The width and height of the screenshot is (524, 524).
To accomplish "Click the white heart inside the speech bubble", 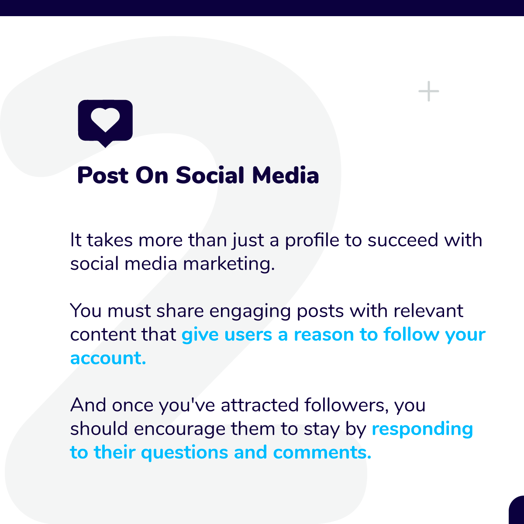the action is click(x=105, y=120).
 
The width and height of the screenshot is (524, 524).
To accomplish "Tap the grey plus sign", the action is click(x=428, y=91).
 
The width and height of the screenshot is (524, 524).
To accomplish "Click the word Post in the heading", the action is click(x=103, y=176).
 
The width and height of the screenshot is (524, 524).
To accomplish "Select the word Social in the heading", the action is click(x=210, y=176).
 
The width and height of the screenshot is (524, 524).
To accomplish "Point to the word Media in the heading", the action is click(x=286, y=176).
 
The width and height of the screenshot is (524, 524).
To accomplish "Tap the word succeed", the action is click(x=403, y=240).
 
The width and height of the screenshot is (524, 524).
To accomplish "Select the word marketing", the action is click(x=229, y=264).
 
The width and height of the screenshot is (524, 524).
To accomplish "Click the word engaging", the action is click(x=250, y=312).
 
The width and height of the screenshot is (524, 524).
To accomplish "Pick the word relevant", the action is click(x=428, y=311).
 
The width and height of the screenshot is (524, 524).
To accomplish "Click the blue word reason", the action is click(x=324, y=335).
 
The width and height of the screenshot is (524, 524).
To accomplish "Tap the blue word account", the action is click(x=108, y=358).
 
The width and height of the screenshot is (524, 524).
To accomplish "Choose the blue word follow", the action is click(x=411, y=334).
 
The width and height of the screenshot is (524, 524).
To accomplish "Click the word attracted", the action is click(x=260, y=405).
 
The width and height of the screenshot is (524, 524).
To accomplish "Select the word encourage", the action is click(x=179, y=429).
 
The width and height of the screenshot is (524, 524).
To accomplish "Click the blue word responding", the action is click(x=422, y=429).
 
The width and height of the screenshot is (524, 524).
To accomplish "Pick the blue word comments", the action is click(x=322, y=452).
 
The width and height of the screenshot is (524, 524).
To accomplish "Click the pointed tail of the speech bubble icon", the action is click(x=105, y=147).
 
